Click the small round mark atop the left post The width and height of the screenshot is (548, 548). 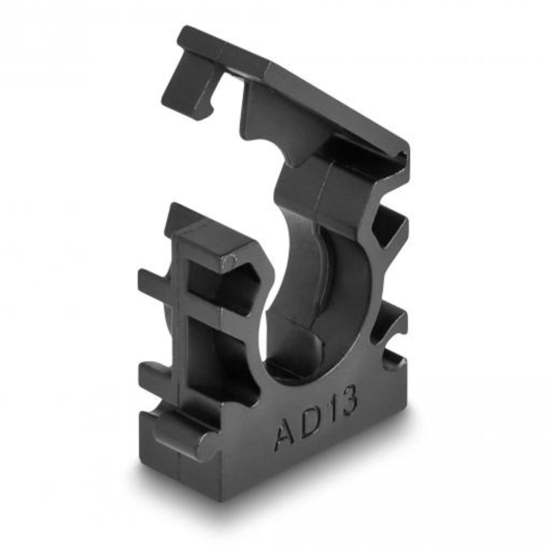(231, 260)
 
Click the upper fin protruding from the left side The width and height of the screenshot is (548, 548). (157, 279)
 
